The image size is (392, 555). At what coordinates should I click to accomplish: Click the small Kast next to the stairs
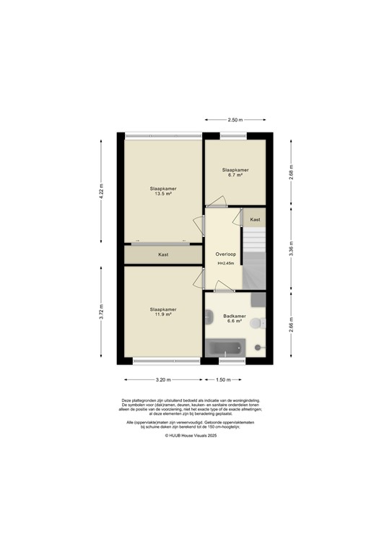coord(255,219)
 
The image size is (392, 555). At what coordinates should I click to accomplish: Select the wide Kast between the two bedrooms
coord(163,254)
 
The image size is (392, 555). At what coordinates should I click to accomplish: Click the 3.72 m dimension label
coord(102,312)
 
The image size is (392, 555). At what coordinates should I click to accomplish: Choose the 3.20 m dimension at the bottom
coord(162,379)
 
